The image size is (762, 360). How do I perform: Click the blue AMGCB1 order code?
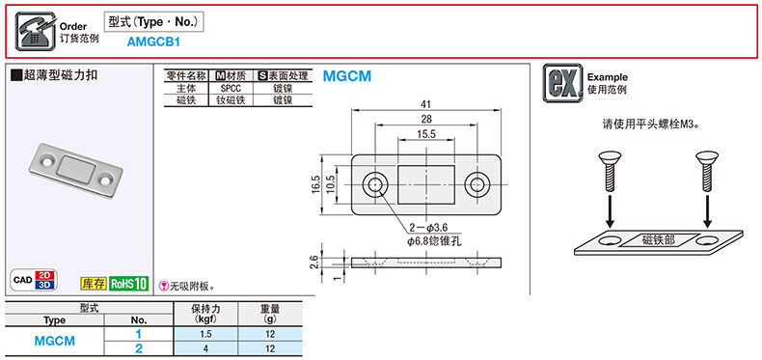(x=153, y=42)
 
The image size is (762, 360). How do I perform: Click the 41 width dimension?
(x=426, y=103)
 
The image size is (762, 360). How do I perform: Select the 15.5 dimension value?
(x=426, y=134)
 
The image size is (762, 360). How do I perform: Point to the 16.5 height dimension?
(x=315, y=185)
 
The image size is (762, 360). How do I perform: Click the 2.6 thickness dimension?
(x=314, y=262)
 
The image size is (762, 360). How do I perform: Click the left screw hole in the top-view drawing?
(x=374, y=185)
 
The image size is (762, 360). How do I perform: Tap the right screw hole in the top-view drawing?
(x=476, y=185)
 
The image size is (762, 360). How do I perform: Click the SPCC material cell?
(x=231, y=89)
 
